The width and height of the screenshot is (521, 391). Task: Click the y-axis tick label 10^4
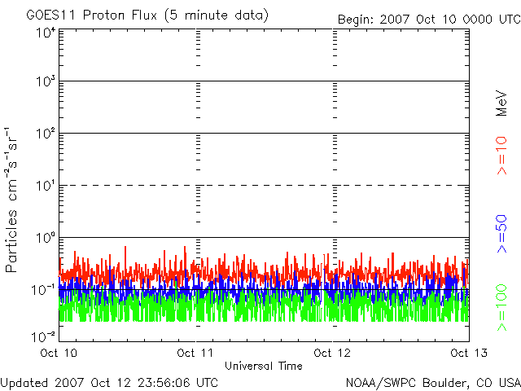click(46, 33)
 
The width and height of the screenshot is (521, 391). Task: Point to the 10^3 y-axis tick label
click(46, 81)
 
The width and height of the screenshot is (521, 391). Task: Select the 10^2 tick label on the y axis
click(46, 133)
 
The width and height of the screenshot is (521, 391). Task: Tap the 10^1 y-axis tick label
click(46, 185)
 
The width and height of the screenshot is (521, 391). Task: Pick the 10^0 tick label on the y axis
click(46, 237)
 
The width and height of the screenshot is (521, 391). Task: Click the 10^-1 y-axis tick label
click(43, 290)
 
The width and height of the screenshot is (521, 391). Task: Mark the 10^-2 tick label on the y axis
click(43, 336)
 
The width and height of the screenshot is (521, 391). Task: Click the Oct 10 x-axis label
click(59, 353)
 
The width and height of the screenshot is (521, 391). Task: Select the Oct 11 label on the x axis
click(195, 353)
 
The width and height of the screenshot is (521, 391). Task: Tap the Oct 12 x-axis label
click(332, 353)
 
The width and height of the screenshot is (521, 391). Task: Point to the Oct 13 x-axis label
click(469, 353)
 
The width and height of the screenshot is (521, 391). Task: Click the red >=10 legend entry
click(501, 156)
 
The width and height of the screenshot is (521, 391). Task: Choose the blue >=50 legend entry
click(501, 234)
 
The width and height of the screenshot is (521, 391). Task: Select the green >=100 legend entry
click(501, 308)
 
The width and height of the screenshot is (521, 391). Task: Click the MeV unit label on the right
click(501, 103)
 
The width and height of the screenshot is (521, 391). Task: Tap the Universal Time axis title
click(264, 366)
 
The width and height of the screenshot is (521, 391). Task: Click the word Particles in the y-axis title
click(11, 241)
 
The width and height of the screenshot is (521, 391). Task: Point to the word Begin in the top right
click(356, 20)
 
